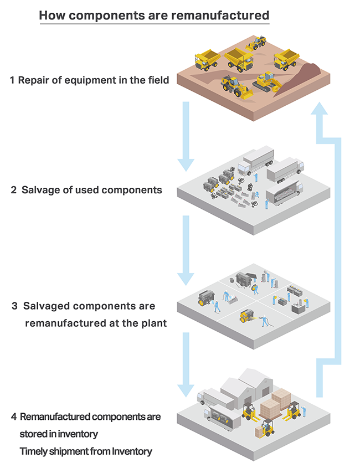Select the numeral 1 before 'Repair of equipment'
(12, 80)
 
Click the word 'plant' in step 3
(152, 322)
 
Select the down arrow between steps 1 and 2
(186, 136)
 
